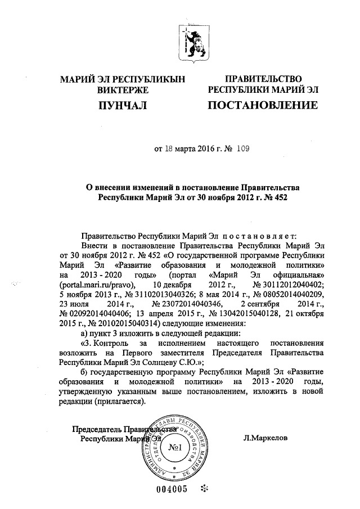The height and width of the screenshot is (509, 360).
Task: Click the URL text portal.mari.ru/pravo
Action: (x=94, y=285)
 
